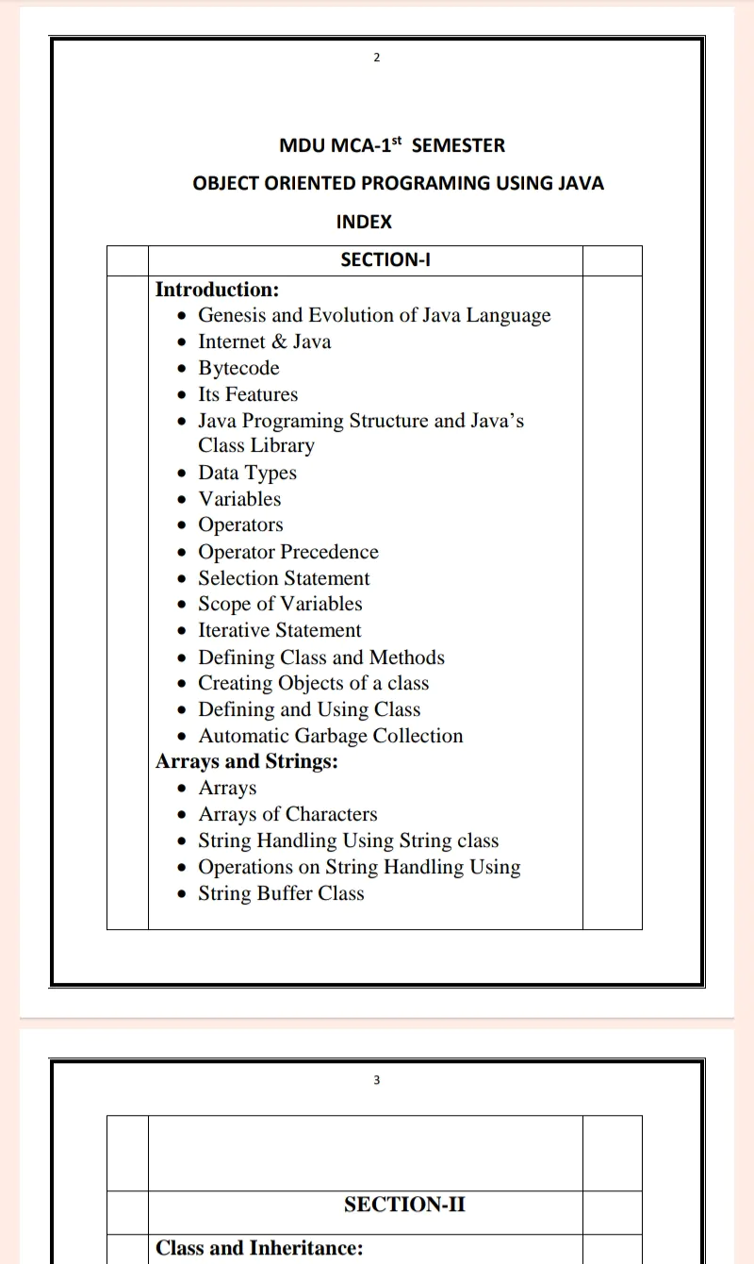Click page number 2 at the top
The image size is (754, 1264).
point(377,58)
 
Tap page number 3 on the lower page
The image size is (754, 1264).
point(377,1080)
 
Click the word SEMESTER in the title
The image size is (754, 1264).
point(458,145)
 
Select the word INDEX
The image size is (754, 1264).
point(364,222)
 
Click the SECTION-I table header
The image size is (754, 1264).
point(385,260)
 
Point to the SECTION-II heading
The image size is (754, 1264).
point(404,1205)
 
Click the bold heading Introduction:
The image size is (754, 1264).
point(217,290)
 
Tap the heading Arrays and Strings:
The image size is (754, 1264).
point(246,761)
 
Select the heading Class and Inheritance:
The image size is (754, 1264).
point(259,1248)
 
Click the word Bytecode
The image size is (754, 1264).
point(238,368)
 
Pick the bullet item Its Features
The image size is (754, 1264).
point(248,394)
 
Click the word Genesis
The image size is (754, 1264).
point(232,316)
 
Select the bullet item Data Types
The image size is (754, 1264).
point(247,473)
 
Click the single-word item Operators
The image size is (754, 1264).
point(240,525)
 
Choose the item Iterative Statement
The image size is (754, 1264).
point(279,630)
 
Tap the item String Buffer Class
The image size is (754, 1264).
point(281,893)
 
